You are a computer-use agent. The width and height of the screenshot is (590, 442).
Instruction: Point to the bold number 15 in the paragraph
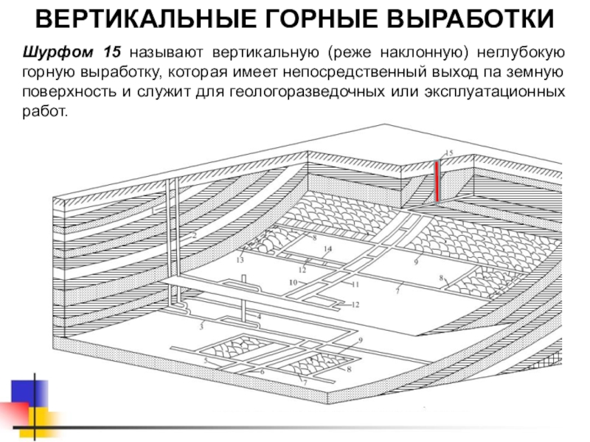[111, 53]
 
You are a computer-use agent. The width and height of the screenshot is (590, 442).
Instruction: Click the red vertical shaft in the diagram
[437, 181]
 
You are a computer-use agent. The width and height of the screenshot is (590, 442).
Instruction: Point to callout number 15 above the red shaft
[448, 152]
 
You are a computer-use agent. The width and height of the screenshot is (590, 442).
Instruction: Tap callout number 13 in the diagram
[240, 260]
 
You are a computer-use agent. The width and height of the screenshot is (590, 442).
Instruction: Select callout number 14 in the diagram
[327, 249]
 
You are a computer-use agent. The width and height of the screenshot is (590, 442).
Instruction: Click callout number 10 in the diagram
[293, 282]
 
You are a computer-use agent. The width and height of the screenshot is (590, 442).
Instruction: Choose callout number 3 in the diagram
[201, 325]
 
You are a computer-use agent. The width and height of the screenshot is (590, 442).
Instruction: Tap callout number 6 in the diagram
[262, 372]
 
